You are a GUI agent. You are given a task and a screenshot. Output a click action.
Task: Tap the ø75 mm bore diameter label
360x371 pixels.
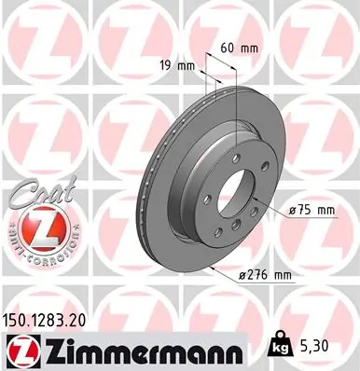[312, 211]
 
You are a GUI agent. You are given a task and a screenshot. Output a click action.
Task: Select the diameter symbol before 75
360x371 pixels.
[293, 211]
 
